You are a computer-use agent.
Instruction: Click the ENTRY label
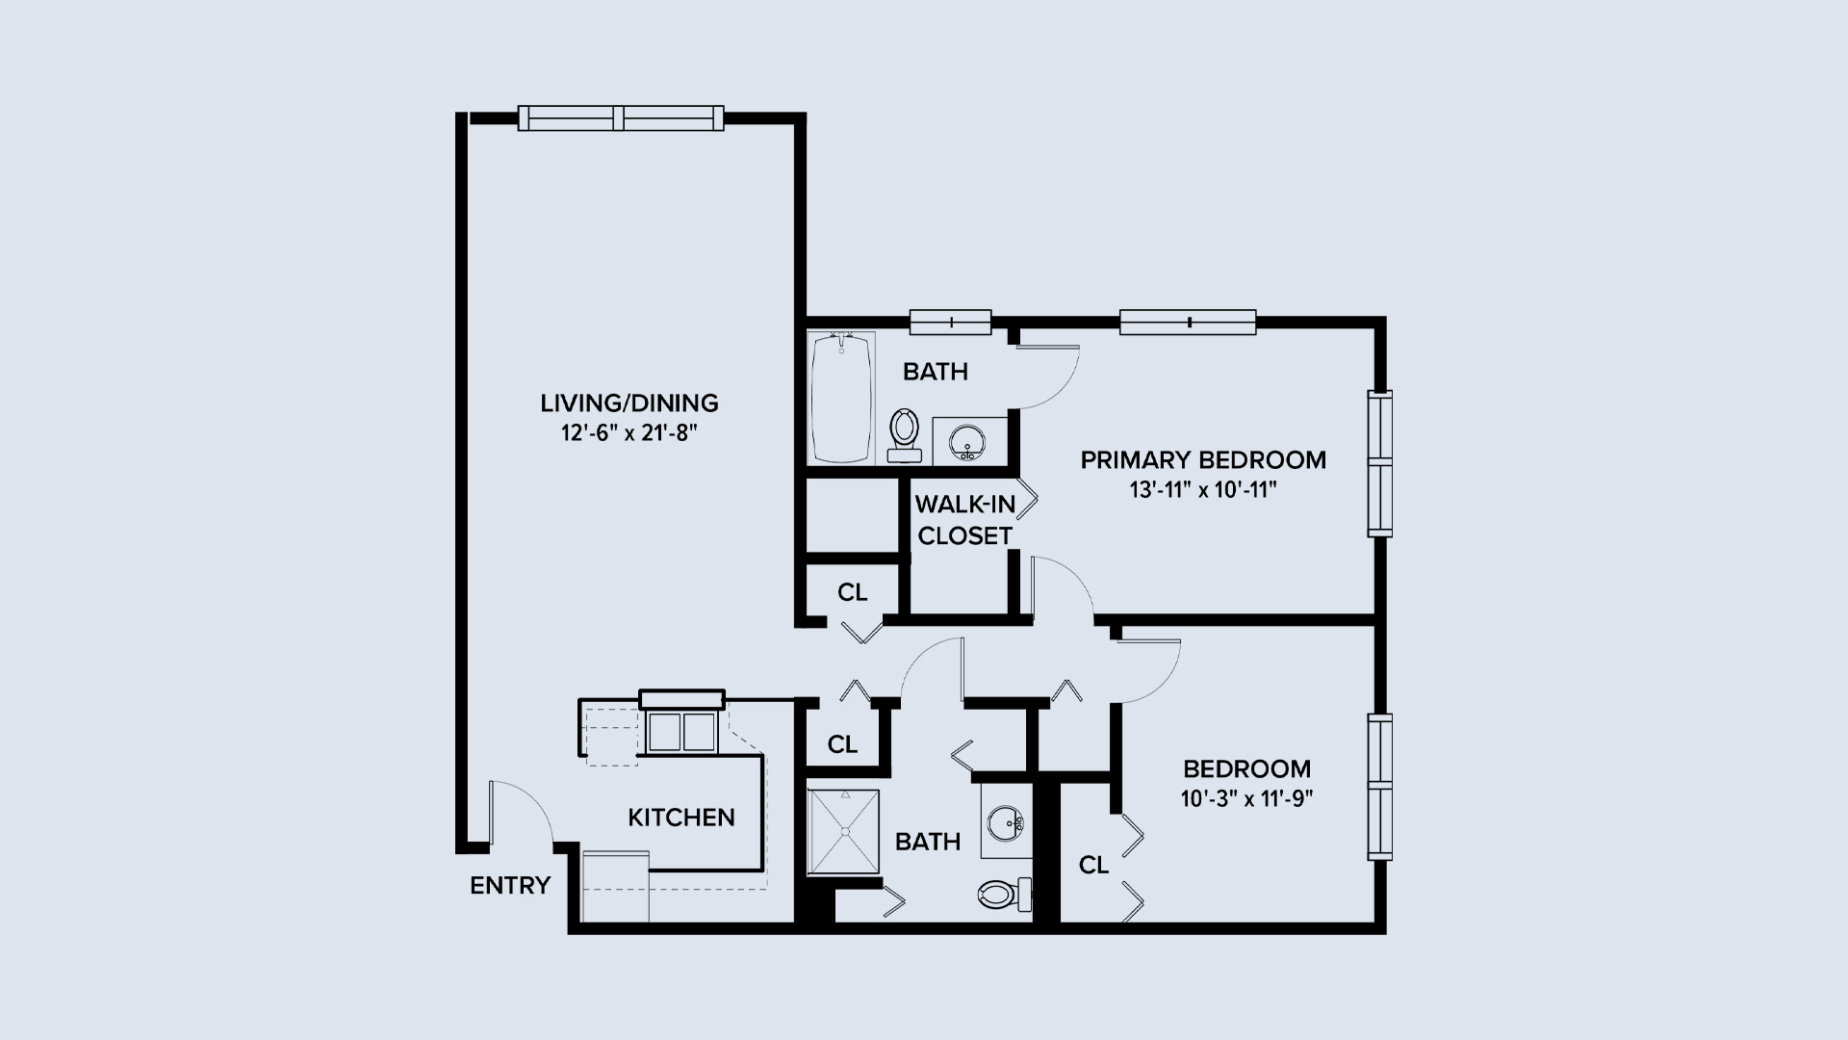point(510,885)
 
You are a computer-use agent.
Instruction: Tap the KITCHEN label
point(681,818)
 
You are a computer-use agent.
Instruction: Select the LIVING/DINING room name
point(629,403)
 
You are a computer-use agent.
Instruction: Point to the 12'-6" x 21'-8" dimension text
point(629,432)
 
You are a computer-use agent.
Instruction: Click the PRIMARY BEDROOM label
point(1203,460)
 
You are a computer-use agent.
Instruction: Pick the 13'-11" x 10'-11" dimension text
point(1203,490)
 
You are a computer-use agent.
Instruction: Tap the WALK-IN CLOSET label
point(964,520)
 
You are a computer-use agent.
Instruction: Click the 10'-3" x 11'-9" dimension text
point(1246,798)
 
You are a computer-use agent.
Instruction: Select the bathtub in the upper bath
point(842,398)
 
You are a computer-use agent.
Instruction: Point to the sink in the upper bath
point(965,443)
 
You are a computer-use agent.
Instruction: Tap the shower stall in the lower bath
point(844,832)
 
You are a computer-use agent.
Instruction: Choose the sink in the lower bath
point(1007,821)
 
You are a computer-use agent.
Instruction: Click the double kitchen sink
point(680,732)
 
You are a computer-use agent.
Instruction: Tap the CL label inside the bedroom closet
point(1093,866)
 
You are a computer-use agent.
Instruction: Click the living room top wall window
point(621,117)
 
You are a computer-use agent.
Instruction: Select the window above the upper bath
point(951,322)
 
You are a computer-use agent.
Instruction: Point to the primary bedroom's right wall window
point(1380,463)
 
